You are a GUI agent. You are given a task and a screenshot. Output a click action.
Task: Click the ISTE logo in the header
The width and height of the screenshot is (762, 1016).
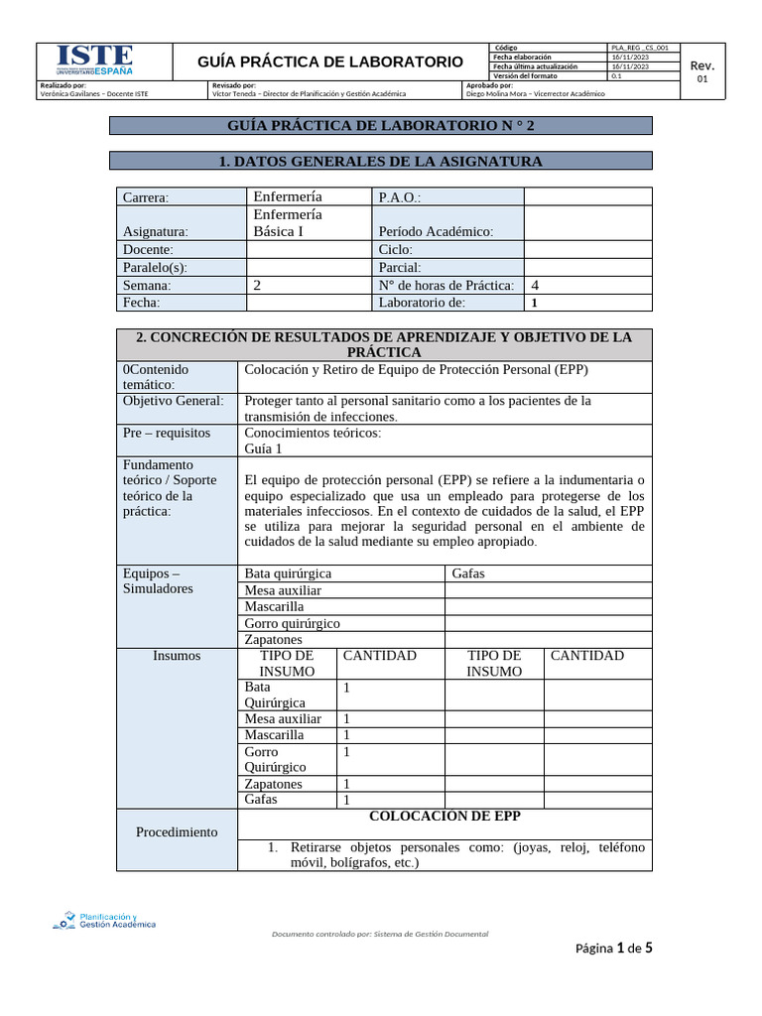94,61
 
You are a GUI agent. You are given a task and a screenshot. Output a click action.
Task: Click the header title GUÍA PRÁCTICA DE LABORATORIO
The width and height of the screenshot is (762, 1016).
331,62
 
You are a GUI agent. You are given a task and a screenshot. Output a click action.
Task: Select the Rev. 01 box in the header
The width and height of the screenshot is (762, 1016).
702,70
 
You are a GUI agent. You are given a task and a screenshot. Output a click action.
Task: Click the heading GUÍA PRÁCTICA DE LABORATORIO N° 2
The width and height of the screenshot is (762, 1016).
380,125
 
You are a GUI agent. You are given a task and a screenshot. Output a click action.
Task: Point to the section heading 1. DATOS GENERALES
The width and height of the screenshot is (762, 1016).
380,161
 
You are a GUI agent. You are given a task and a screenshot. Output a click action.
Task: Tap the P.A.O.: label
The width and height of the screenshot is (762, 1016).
401,197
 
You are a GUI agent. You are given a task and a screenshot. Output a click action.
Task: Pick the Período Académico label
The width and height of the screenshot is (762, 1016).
436,231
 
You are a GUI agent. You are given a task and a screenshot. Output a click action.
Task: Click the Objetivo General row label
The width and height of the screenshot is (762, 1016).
174,401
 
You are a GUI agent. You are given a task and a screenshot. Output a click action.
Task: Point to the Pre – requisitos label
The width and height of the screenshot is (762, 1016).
167,433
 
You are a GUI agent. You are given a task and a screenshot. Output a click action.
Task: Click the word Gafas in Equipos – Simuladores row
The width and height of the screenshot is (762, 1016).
468,573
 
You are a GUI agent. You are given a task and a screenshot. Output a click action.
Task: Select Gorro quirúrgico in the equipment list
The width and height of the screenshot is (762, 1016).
293,623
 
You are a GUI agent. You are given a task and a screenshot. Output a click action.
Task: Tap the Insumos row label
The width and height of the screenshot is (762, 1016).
177,656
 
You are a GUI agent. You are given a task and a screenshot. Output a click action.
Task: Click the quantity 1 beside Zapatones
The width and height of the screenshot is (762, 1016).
346,784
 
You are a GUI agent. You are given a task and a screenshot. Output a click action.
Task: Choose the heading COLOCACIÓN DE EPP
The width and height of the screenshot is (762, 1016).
444,817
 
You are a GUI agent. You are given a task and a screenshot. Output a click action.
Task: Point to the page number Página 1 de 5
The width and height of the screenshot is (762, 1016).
613,949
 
